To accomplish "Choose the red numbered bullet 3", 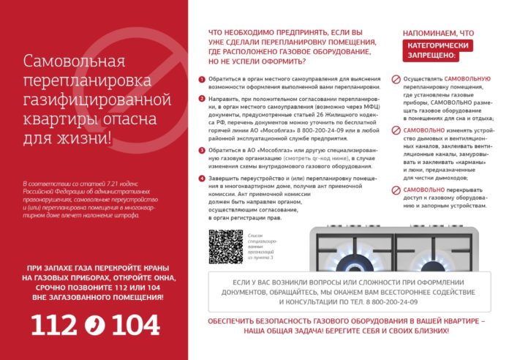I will (x=203, y=149).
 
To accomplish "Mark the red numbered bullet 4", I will (x=203, y=178).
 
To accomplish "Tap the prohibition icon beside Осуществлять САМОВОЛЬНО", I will (x=396, y=79).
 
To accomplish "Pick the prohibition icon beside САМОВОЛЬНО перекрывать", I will (x=396, y=190).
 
